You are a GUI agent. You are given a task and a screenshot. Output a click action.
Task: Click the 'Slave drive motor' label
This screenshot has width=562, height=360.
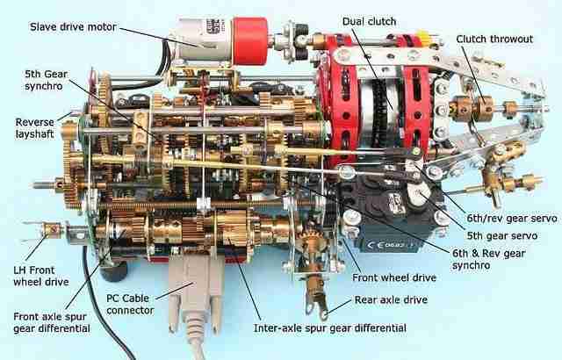point(73,27)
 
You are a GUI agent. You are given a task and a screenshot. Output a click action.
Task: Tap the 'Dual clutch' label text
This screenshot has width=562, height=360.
point(369,21)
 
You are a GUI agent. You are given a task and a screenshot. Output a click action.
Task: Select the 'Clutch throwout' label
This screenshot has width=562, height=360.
point(494,39)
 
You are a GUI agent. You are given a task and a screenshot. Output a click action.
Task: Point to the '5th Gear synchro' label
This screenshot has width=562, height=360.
point(47,80)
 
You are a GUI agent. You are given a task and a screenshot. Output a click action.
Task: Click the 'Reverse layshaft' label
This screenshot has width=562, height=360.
point(34,128)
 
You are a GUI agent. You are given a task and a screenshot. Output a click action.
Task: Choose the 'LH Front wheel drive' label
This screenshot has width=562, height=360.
point(41,276)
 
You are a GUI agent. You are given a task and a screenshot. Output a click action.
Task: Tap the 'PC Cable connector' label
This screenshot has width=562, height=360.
point(130,304)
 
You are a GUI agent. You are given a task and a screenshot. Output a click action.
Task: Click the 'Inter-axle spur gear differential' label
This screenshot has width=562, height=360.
point(330,328)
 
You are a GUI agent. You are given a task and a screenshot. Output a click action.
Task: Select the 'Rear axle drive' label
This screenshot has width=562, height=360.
point(391,299)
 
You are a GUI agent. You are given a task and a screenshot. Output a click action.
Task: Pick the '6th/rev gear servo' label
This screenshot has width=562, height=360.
point(511,218)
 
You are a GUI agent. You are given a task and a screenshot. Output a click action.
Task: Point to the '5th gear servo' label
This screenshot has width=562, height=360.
point(501,235)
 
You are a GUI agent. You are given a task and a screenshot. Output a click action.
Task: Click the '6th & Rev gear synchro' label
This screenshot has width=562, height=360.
point(489,259)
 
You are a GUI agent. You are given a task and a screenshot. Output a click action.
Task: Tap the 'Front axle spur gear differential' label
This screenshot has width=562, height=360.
point(52,322)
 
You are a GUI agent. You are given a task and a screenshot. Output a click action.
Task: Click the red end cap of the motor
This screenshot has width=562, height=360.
point(249,41)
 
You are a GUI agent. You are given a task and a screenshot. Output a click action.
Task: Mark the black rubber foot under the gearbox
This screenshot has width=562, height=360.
point(114,270)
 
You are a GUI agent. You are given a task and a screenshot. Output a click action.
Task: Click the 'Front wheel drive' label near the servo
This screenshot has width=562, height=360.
point(394,277)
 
